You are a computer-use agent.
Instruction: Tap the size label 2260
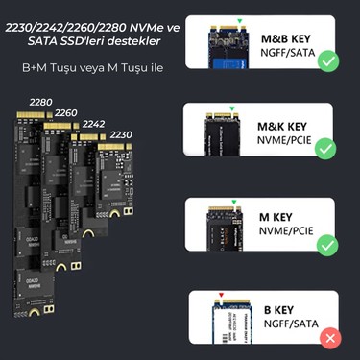66,112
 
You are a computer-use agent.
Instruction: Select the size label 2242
94,124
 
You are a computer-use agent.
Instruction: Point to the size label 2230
121,135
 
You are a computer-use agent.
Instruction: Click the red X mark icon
331,337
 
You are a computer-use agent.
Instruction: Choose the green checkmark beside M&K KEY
326,150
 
